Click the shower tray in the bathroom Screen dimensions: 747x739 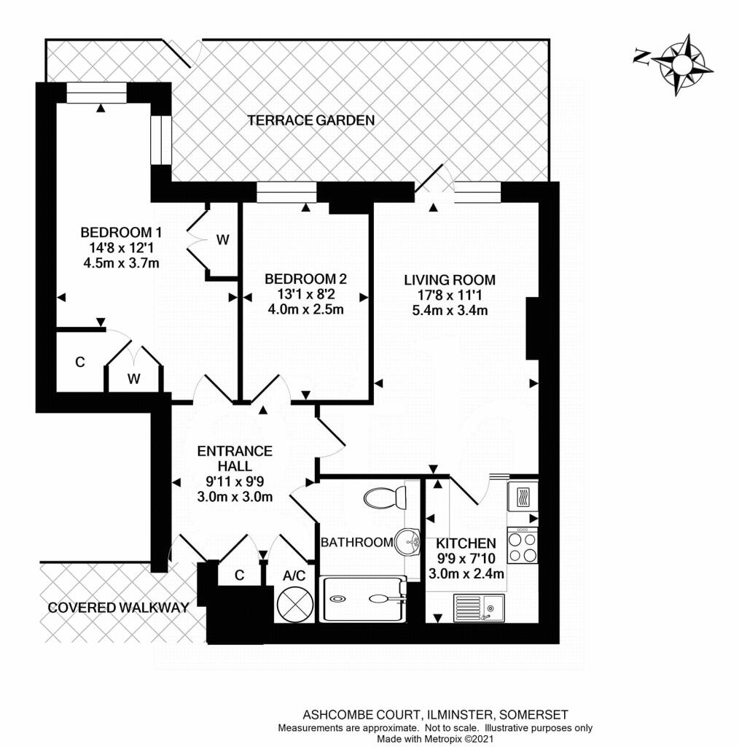[x=362, y=599]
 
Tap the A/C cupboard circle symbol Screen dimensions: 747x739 [x=294, y=603]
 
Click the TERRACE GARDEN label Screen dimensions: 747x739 [x=311, y=120]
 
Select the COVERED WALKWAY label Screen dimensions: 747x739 [x=118, y=607]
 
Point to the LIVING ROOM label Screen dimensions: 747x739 [x=450, y=280]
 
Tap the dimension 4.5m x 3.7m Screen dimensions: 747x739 [x=121, y=263]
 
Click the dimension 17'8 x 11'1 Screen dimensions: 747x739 [x=450, y=295]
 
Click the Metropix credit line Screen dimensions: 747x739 [x=434, y=740]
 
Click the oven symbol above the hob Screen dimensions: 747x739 [x=523, y=498]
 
